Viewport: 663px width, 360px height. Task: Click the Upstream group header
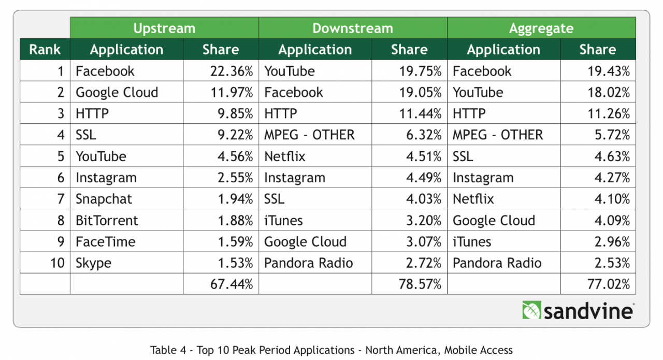coord(164,28)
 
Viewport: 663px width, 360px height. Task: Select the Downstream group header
coord(353,28)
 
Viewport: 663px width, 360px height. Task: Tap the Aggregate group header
coord(541,28)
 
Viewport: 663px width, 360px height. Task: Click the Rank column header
coord(45,50)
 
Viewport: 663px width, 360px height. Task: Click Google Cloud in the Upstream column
coord(117,93)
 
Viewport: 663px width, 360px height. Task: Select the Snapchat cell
coord(104,199)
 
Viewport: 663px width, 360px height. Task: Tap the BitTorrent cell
coord(107,221)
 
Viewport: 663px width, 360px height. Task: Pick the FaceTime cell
coord(105,242)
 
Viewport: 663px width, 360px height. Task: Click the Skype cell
coord(93,263)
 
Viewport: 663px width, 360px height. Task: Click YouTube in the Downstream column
coord(290,71)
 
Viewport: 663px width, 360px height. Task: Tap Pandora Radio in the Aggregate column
coord(497,263)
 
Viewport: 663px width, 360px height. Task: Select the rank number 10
coord(57,263)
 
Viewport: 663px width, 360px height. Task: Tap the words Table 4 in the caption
coord(166,350)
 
